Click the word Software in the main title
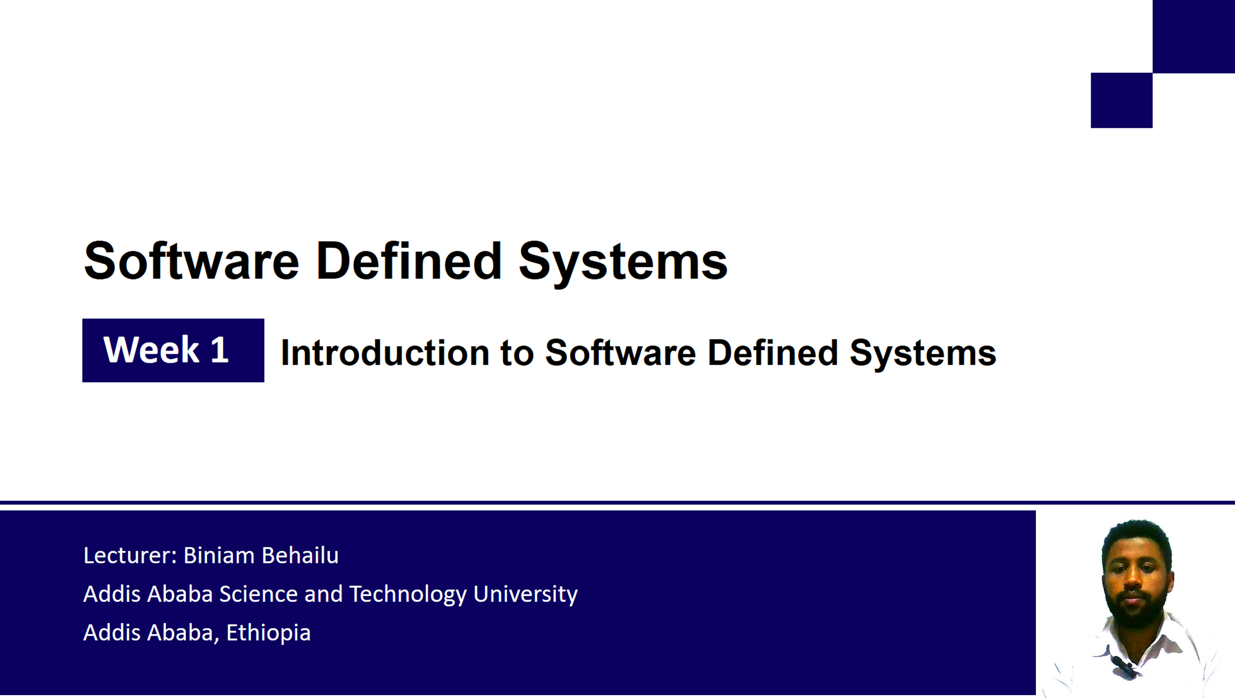click(x=191, y=260)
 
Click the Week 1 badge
click(x=173, y=350)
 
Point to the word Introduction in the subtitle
click(x=385, y=353)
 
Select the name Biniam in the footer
click(x=219, y=555)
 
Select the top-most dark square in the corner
click(x=1194, y=37)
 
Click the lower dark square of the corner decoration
click(x=1121, y=100)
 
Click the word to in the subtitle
click(x=517, y=354)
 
